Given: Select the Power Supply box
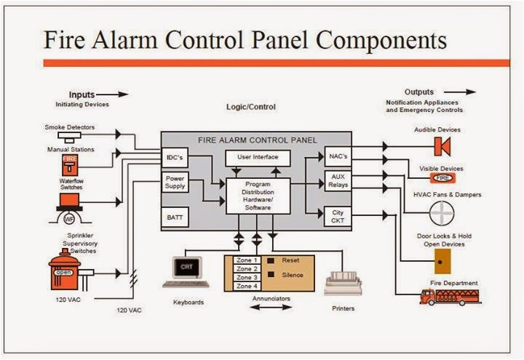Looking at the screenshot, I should tap(175, 183).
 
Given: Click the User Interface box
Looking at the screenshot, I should tap(258, 157).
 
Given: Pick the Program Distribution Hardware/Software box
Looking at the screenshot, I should tap(258, 196).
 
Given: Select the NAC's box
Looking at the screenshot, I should tap(337, 156).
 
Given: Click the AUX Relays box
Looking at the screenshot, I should tap(337, 181).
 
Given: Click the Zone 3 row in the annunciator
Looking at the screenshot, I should tap(247, 277).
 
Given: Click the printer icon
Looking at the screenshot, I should tap(343, 279).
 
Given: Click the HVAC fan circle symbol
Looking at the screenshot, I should tap(442, 215).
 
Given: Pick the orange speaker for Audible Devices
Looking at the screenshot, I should tap(440, 146).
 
